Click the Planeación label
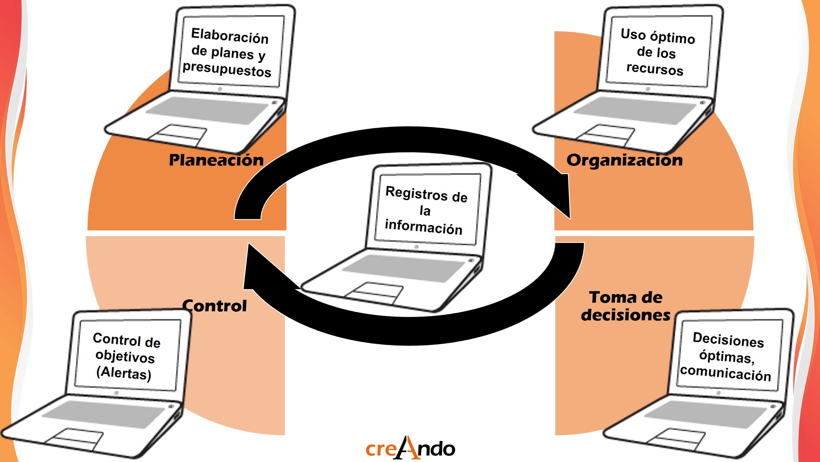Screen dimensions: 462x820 216,160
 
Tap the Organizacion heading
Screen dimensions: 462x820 625,160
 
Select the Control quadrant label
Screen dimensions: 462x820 215,306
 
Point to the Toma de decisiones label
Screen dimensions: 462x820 625,306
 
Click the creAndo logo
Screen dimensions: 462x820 410,448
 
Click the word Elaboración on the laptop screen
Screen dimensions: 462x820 230,36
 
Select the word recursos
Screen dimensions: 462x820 655,69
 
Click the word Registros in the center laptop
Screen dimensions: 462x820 417,193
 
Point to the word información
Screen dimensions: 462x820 424,227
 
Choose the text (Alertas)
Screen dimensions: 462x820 124,373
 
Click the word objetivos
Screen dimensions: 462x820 125,356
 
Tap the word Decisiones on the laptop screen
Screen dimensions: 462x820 728,340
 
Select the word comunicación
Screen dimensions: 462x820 726,373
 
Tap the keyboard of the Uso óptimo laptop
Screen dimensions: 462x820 634,110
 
